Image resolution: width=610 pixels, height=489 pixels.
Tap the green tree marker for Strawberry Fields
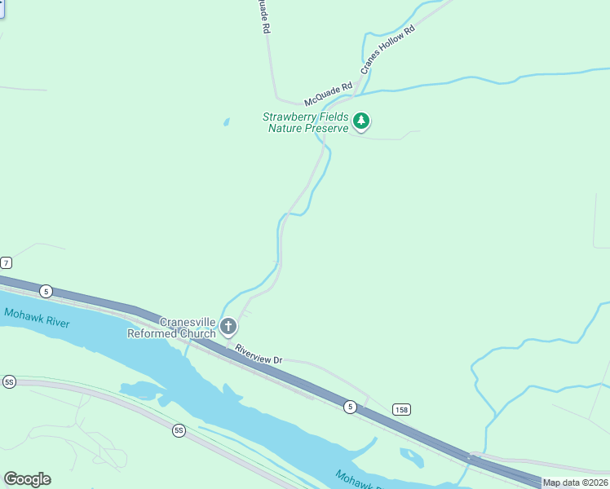click(361, 122)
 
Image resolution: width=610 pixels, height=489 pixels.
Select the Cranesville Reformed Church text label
click(172, 327)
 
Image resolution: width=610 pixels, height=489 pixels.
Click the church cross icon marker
click(228, 328)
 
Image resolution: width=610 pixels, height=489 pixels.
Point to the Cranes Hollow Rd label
click(388, 51)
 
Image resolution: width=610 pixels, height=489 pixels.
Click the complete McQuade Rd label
click(328, 94)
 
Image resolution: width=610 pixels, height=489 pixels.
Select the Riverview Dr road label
click(258, 354)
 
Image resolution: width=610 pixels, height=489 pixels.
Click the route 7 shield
click(7, 262)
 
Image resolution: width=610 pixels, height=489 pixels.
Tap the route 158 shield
click(400, 408)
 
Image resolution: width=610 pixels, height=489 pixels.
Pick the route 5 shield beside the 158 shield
click(350, 407)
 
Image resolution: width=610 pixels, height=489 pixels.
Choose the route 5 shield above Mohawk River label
click(46, 291)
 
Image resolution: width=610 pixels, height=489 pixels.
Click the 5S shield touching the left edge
click(9, 381)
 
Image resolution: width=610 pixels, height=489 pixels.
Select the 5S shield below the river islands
click(179, 430)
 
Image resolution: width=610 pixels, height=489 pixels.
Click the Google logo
click(27, 479)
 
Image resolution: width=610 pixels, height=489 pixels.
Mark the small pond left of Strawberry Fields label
click(226, 122)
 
